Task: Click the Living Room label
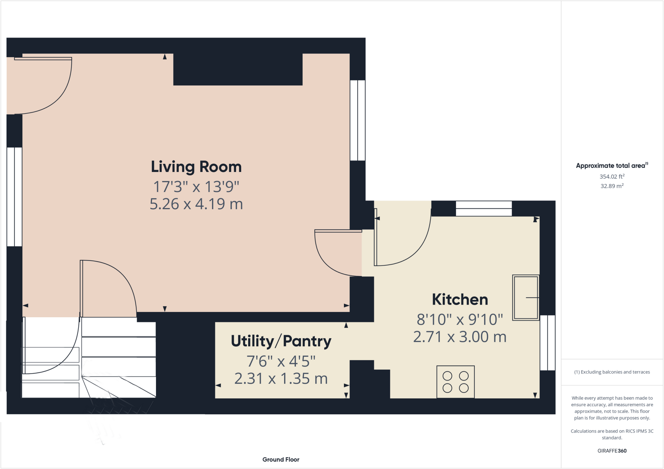coord(196,167)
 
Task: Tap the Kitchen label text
coord(460,300)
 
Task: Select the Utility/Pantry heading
coord(281,341)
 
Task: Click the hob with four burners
coord(456,382)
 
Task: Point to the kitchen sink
coord(526,298)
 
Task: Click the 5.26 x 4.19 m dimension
coord(196,204)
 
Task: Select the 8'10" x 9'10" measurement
coord(460,319)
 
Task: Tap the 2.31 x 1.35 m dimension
coord(281,379)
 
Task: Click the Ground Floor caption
coord(281,460)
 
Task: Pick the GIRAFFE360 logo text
coord(612,451)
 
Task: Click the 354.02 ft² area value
coord(612,176)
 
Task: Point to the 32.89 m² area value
coord(612,186)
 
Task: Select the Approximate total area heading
coord(612,165)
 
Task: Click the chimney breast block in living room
coord(238,69)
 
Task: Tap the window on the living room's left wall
coord(15,197)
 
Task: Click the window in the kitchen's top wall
coord(484,208)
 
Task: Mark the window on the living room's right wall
coord(358,120)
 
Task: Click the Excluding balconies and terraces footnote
coord(612,372)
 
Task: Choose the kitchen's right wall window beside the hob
coord(548,343)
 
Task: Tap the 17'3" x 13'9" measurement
coord(196,187)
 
